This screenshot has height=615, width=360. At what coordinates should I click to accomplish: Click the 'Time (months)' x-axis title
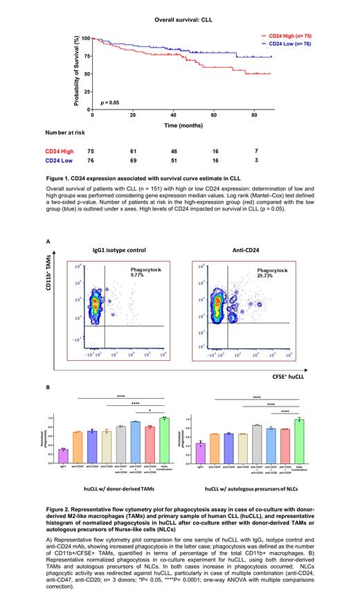(189, 125)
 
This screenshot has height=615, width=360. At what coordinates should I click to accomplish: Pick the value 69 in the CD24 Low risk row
(133, 160)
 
